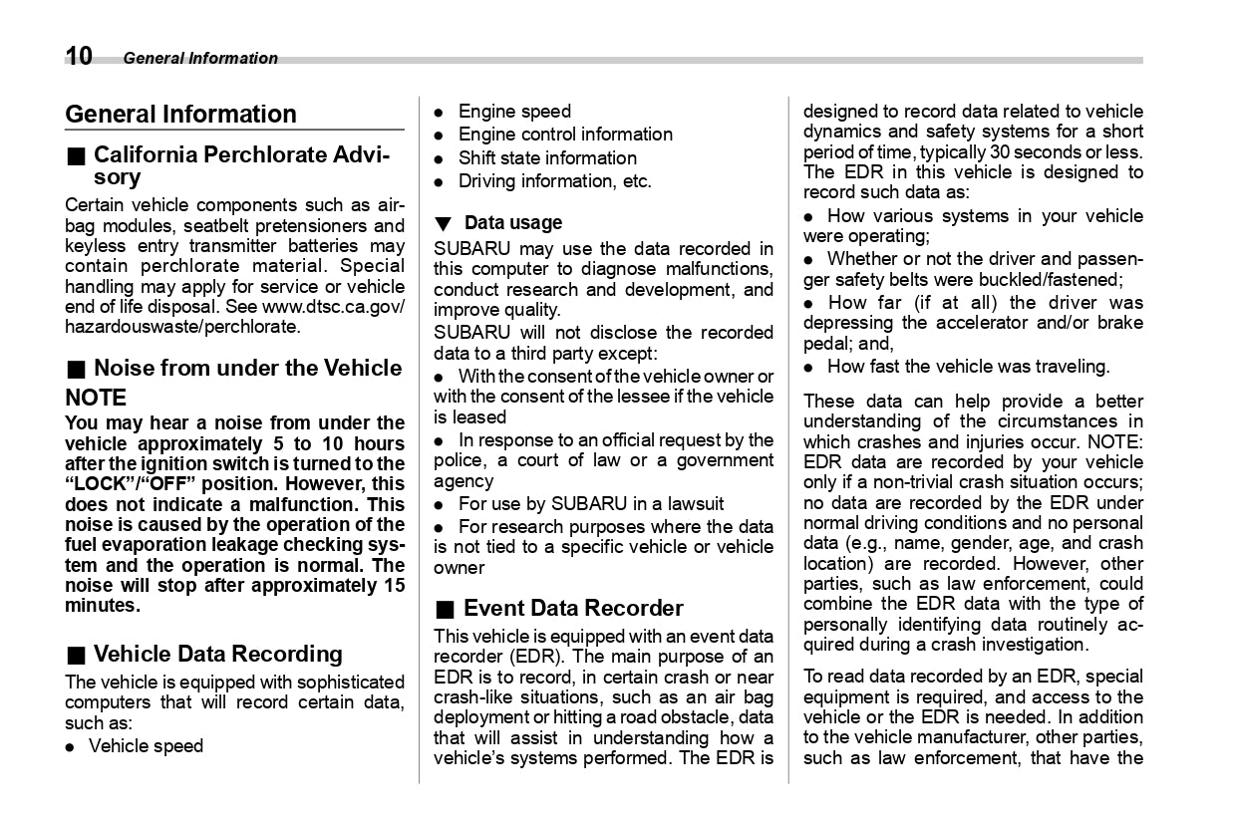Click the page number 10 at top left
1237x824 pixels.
80,56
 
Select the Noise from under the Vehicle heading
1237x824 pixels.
247,368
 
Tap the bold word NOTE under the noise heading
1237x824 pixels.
96,398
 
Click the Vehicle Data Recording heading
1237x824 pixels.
217,654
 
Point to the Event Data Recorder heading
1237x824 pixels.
573,608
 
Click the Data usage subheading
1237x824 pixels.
512,222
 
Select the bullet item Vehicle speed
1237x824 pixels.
146,745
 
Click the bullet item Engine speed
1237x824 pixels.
514,111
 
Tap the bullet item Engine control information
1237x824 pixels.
565,134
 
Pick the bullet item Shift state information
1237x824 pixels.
547,157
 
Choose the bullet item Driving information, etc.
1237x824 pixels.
554,180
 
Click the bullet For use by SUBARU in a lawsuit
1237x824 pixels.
590,503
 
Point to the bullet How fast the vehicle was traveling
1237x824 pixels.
968,366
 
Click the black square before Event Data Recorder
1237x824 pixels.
444,609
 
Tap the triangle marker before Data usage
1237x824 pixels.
443,223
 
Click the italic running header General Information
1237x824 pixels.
200,58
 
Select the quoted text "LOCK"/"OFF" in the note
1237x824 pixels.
130,483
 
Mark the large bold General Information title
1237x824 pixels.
180,114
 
